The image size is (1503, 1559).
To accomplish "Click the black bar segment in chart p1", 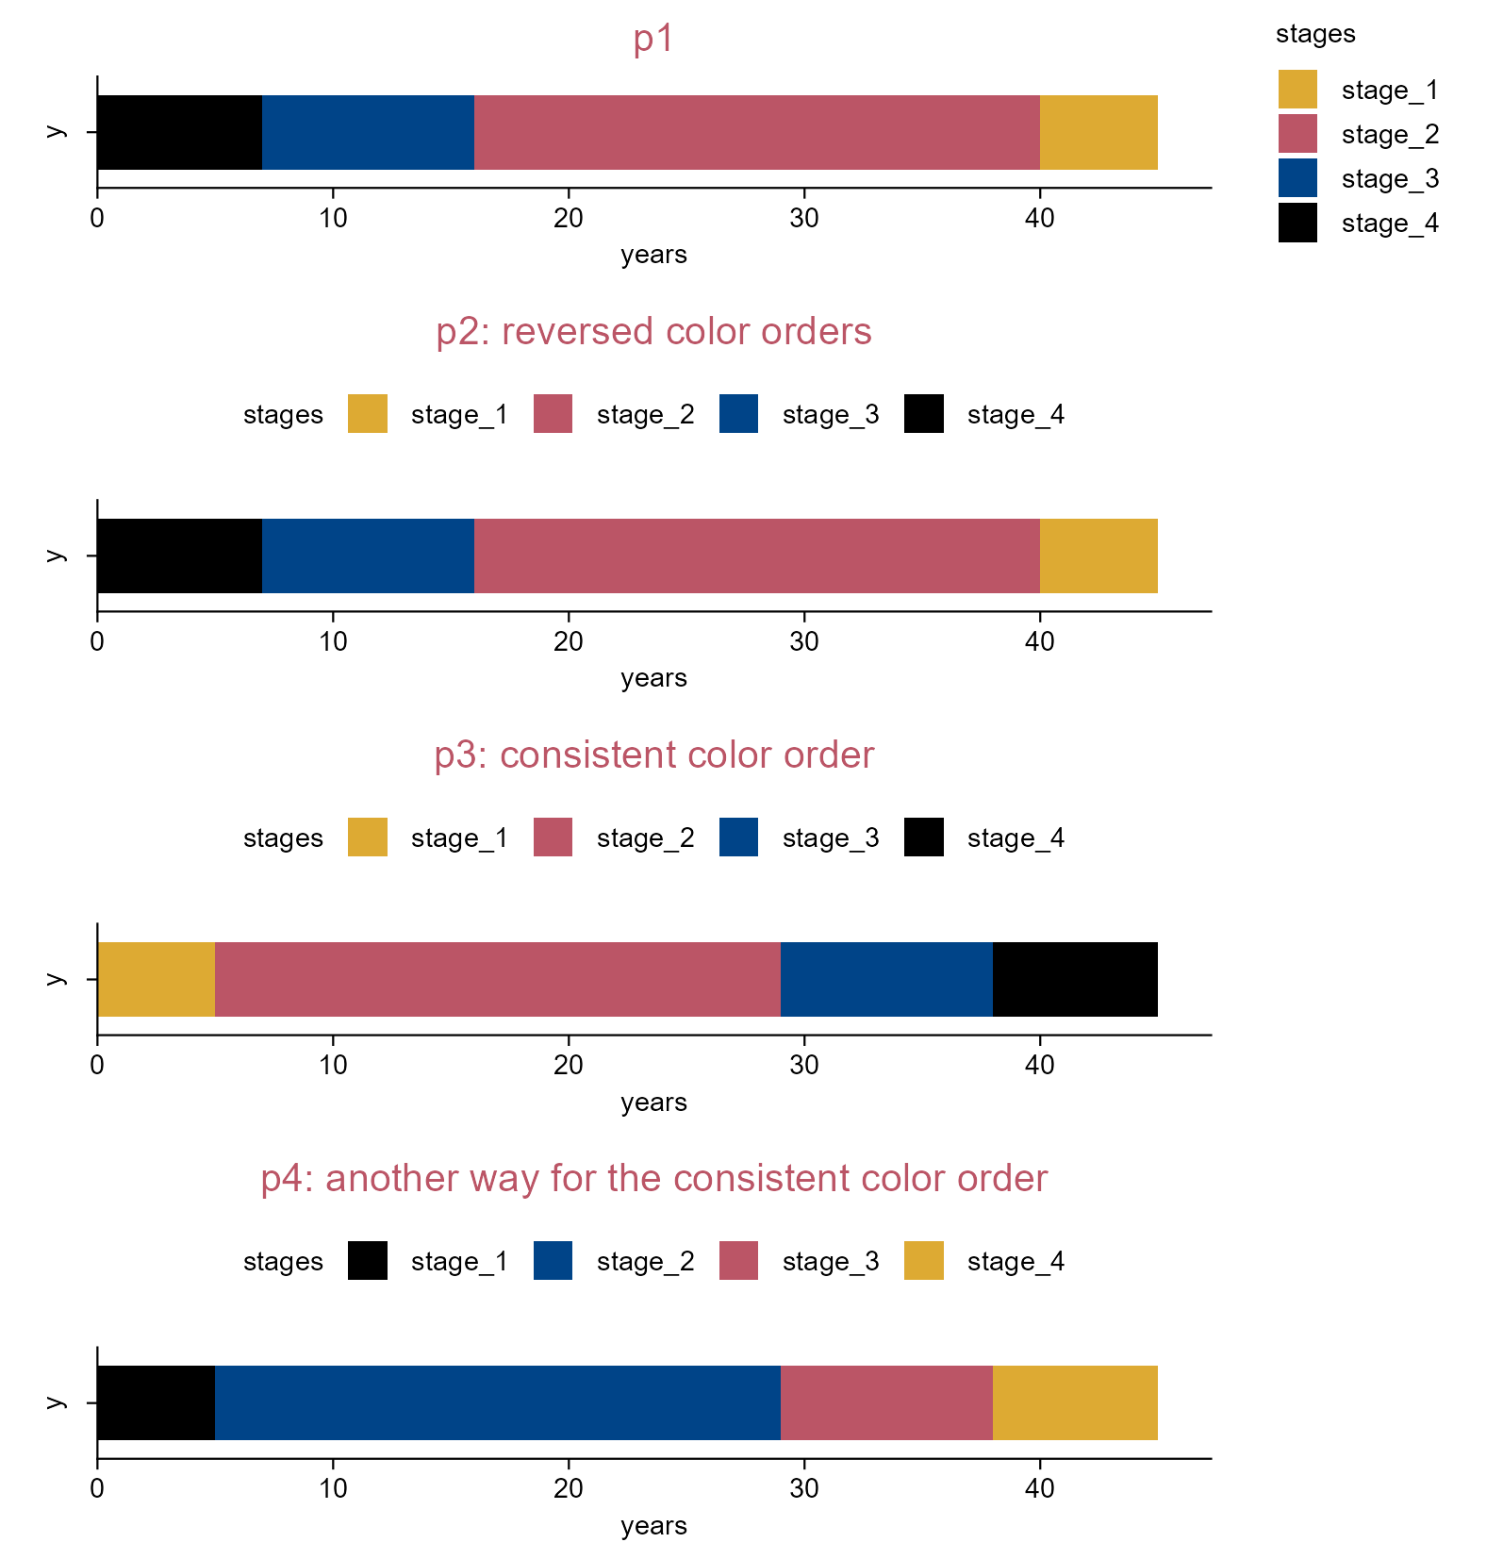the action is pyautogui.click(x=179, y=132).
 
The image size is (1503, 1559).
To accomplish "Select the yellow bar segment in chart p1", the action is pyautogui.click(x=1098, y=132).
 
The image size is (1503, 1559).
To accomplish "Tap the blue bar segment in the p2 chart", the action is pyautogui.click(x=368, y=556).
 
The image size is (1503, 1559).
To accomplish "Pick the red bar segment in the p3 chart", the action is pyautogui.click(x=498, y=979).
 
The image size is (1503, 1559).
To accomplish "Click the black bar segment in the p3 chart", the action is pyautogui.click(x=1075, y=979).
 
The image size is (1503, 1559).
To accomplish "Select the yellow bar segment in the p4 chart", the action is pyautogui.click(x=1075, y=1402).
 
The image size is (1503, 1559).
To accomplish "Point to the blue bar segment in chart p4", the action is pyautogui.click(x=498, y=1402).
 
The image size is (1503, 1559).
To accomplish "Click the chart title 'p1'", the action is pyautogui.click(x=653, y=40).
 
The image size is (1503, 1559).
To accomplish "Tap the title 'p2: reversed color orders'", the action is pyautogui.click(x=653, y=332).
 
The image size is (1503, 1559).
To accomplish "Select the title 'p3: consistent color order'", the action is pyautogui.click(x=653, y=755).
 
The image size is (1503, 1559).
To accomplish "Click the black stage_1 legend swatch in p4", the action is pyautogui.click(x=368, y=1261).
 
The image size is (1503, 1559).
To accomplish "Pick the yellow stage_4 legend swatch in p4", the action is pyautogui.click(x=924, y=1261).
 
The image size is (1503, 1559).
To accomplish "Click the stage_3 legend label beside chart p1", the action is pyautogui.click(x=1390, y=179).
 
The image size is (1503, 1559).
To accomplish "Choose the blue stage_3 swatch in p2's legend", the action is pyautogui.click(x=738, y=414).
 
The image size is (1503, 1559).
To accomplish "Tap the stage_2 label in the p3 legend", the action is pyautogui.click(x=645, y=838).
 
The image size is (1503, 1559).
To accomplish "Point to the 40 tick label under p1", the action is pyautogui.click(x=1040, y=219).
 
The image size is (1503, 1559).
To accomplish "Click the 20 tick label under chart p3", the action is pyautogui.click(x=569, y=1066).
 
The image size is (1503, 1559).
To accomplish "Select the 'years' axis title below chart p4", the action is pyautogui.click(x=653, y=1526).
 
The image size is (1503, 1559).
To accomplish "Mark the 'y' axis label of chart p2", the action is pyautogui.click(x=57, y=556).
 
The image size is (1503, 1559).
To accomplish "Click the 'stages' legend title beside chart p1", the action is pyautogui.click(x=1315, y=34).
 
